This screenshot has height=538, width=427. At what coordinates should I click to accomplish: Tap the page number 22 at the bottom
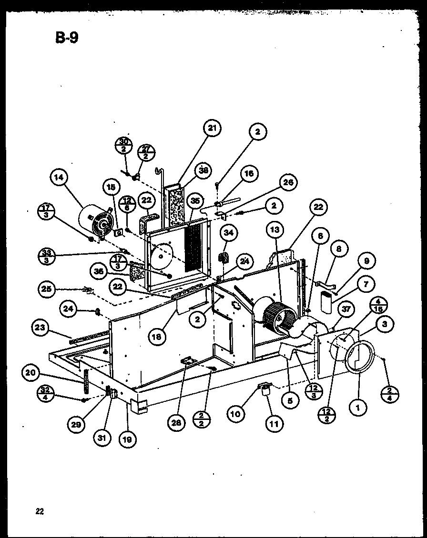[40, 512]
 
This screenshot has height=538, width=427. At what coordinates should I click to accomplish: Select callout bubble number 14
[59, 178]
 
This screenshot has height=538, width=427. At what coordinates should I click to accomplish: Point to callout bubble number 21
[212, 128]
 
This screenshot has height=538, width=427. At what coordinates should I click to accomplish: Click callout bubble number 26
[288, 182]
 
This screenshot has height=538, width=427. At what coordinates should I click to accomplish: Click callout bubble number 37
[346, 309]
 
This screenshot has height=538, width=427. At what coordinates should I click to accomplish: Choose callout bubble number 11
[274, 423]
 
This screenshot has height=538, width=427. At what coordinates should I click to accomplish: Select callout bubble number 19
[128, 439]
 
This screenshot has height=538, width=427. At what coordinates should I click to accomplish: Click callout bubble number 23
[40, 327]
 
